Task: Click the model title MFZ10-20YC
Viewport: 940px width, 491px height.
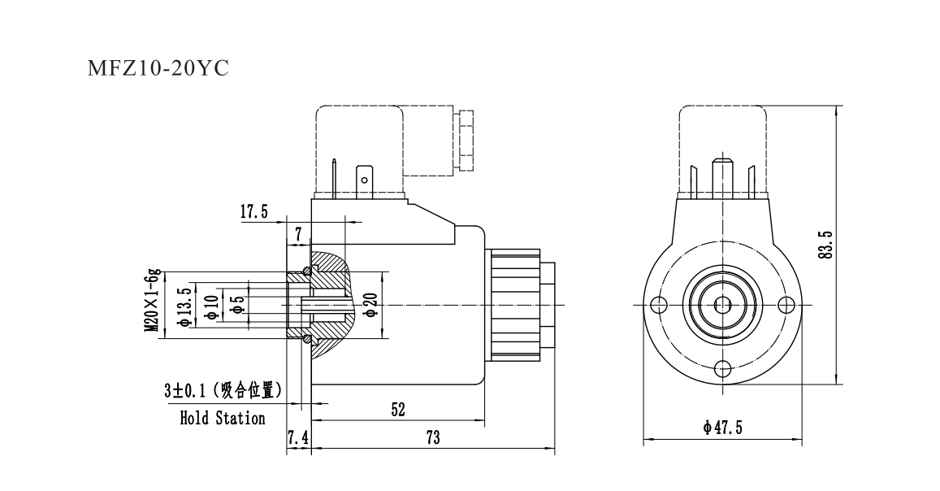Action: pos(158,68)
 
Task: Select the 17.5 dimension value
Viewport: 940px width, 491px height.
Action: pos(253,212)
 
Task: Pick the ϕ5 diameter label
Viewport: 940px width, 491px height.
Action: pos(237,305)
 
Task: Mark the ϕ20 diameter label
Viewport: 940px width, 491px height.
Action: pos(370,304)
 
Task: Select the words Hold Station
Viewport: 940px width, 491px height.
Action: pos(222,419)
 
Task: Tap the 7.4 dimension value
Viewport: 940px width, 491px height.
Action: pos(298,438)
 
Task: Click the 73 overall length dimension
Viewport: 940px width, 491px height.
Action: pos(432,438)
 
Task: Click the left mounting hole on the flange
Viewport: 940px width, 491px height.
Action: pos(659,305)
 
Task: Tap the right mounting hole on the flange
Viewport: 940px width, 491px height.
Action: pos(785,305)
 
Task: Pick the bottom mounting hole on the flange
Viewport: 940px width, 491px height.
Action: pos(722,367)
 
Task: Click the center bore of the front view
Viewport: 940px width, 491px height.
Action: pos(722,305)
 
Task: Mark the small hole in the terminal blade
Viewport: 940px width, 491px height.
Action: pos(365,180)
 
